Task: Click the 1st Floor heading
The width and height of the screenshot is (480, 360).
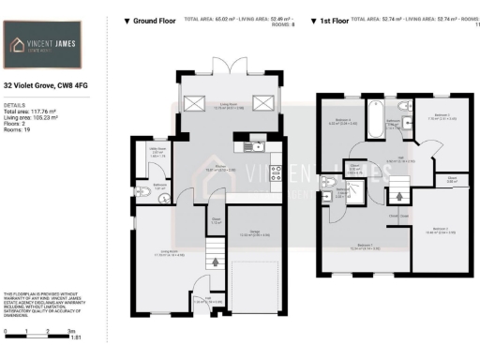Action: pyautogui.click(x=337, y=20)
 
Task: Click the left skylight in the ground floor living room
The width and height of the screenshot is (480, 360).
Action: pyautogui.click(x=196, y=104)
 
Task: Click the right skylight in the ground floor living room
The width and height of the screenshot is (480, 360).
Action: pyautogui.click(x=264, y=104)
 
